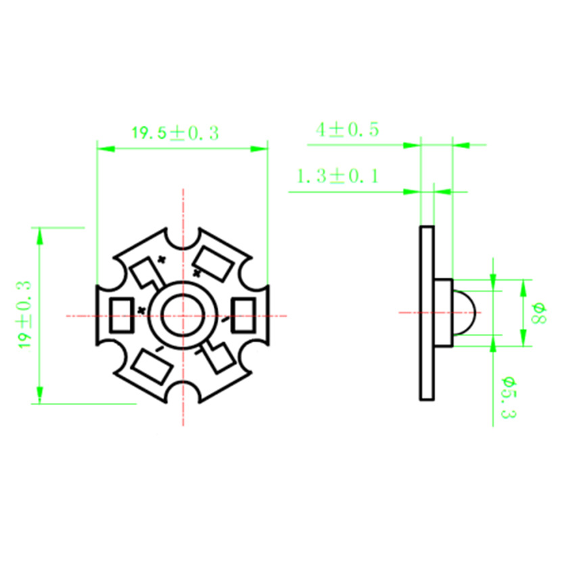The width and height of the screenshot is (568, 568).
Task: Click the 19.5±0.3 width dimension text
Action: [x=175, y=133]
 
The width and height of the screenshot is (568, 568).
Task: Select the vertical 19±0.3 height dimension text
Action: [x=25, y=315]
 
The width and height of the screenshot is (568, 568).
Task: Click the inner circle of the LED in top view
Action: [x=181, y=315]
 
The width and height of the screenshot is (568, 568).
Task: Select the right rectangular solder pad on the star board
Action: [x=242, y=316]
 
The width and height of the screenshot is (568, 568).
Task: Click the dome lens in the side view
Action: [x=466, y=313]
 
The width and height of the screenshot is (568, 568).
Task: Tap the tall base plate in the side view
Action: [x=427, y=312]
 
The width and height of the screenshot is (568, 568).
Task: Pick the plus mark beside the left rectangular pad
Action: [x=141, y=310]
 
